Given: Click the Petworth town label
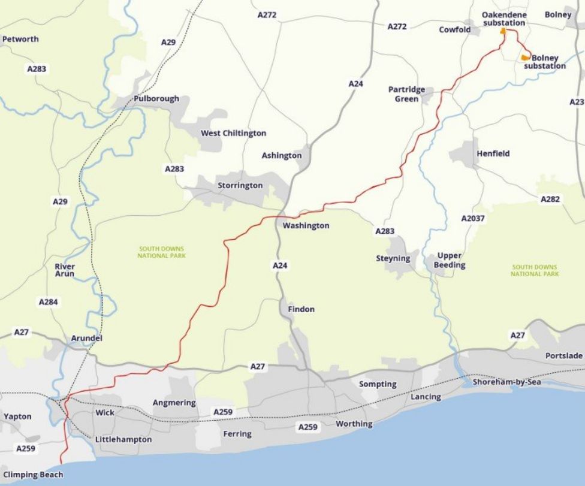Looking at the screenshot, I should [x=20, y=39].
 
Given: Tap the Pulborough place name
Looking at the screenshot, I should [x=156, y=98].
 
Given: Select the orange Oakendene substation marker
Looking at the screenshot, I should [x=503, y=31].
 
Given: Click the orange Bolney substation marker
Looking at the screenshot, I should [x=525, y=58].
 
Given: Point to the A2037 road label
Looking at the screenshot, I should [x=473, y=219].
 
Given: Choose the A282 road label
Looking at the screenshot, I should [x=550, y=199].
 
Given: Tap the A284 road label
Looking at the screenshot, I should [x=49, y=302].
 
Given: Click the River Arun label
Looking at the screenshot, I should [x=65, y=270].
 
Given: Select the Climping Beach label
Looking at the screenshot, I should [x=33, y=475].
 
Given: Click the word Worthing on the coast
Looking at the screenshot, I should [x=354, y=424].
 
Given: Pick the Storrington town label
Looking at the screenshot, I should [x=240, y=185].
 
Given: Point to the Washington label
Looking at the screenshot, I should [x=306, y=225].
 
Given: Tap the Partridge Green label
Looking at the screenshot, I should [x=406, y=94].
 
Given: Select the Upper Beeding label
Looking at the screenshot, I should [x=449, y=260].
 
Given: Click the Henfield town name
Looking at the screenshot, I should [x=493, y=153].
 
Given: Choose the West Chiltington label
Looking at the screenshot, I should [x=233, y=133].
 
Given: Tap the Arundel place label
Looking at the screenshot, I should [x=86, y=338].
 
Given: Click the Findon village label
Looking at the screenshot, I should [x=301, y=309].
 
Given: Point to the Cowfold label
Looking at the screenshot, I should [x=454, y=29].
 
